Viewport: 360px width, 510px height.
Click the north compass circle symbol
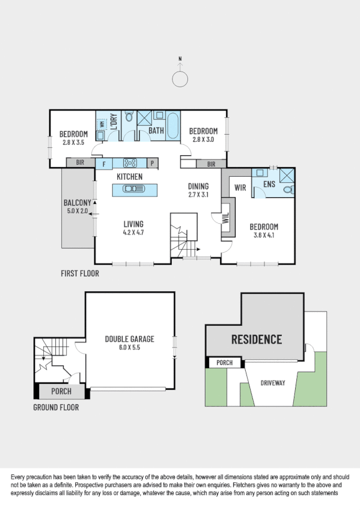180,79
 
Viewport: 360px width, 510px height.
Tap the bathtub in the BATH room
172,125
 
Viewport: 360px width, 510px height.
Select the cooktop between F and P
130,162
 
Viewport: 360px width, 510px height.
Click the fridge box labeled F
104,163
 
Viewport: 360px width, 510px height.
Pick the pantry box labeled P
152,163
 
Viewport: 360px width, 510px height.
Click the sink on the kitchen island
134,189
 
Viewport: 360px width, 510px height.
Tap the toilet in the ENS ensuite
287,189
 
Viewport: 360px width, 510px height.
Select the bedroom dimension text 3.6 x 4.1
264,236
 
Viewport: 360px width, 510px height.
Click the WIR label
241,187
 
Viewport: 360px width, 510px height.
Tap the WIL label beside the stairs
226,217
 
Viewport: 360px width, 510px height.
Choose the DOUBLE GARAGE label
129,343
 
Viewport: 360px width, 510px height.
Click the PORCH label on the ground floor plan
61,392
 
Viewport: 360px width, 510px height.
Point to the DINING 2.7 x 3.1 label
198,191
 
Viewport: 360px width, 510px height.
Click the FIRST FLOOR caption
80,274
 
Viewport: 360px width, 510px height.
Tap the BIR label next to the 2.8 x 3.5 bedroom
79,162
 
